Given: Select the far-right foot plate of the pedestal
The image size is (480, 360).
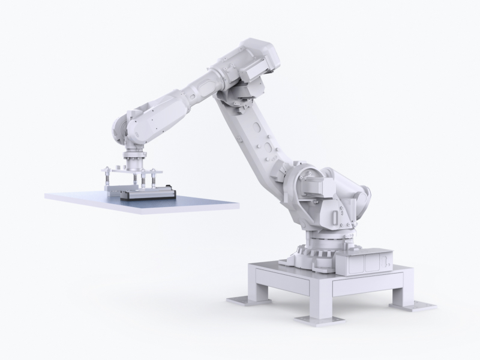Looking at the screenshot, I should point(420,304).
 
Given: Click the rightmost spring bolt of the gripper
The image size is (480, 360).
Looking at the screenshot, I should point(158,177).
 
